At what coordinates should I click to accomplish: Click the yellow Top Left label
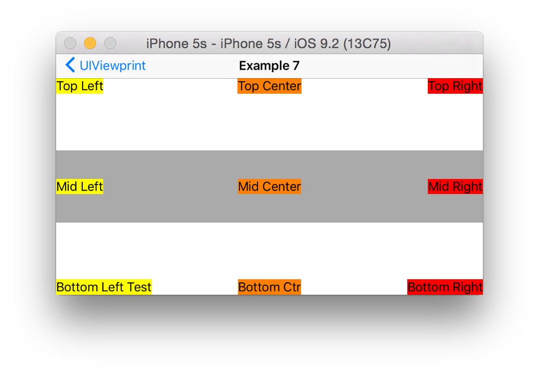(x=80, y=86)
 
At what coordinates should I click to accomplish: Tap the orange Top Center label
(x=269, y=86)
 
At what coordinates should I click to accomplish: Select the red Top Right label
(x=455, y=86)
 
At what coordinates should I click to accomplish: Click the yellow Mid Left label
(x=80, y=186)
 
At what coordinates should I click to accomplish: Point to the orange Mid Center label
(x=269, y=186)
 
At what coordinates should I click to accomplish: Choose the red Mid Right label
(x=455, y=186)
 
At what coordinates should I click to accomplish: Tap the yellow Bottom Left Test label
(x=104, y=287)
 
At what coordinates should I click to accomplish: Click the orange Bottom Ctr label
(x=269, y=287)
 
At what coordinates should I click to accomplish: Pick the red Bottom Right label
(x=445, y=287)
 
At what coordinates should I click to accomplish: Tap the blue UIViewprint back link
(x=113, y=66)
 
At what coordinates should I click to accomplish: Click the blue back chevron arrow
(x=70, y=65)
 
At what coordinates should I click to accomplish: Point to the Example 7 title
(x=269, y=66)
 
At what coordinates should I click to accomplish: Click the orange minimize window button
(x=90, y=44)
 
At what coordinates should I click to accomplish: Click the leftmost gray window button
(x=70, y=44)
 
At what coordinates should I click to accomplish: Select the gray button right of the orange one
(x=110, y=44)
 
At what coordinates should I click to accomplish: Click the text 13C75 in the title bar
(x=368, y=44)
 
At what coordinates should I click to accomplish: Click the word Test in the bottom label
(x=139, y=287)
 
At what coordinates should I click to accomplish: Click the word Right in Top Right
(x=468, y=86)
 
